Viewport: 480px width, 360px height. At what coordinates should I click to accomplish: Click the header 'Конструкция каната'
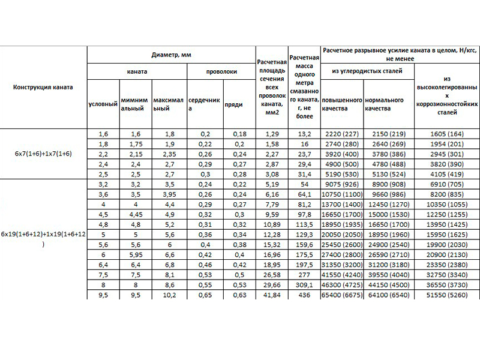(43, 87)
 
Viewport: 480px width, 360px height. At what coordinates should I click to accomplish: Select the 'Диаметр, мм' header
(171, 55)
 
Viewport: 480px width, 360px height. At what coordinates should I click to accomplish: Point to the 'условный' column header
(103, 104)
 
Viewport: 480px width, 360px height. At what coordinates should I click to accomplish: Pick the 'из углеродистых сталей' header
(367, 71)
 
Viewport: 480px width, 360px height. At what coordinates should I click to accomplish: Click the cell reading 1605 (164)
(446, 134)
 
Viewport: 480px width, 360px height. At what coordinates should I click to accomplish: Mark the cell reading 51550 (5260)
(446, 295)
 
